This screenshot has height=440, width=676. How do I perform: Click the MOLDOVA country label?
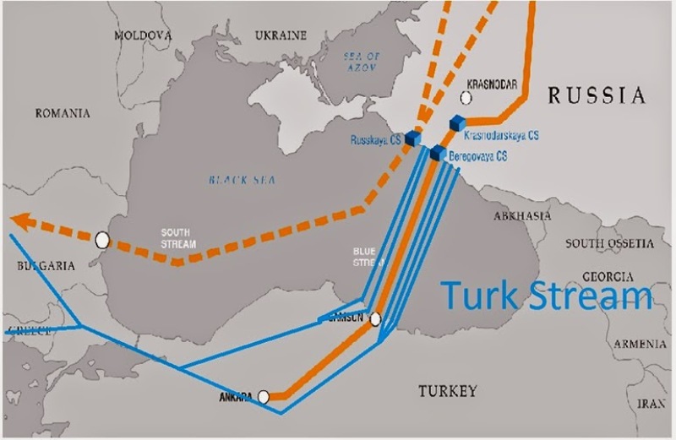[143, 35]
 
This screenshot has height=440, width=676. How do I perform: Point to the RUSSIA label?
[597, 95]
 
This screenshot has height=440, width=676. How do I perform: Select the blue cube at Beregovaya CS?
[437, 153]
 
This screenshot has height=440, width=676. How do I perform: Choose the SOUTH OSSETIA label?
[609, 243]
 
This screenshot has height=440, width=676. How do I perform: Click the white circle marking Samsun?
[375, 318]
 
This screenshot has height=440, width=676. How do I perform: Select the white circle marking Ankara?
[264, 395]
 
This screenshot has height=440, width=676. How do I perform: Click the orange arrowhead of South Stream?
[20, 220]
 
